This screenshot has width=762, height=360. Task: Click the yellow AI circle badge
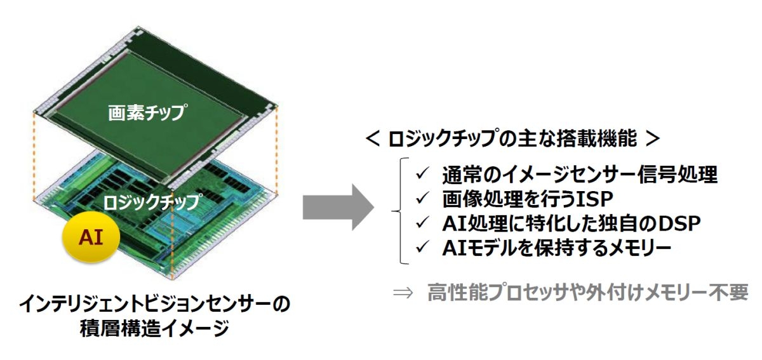coord(91,237)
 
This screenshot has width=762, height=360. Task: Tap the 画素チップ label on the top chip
coord(147,112)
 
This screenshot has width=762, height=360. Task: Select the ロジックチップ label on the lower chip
coord(152,202)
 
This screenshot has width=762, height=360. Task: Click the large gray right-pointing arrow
coord(338,207)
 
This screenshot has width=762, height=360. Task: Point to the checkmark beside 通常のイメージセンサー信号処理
coord(422,174)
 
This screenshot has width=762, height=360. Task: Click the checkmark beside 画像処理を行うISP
coord(422,198)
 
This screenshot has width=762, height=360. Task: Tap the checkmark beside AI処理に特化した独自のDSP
coord(422,223)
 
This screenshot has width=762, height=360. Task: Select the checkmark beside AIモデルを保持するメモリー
coord(422,248)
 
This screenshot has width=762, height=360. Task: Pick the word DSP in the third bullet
coord(679,223)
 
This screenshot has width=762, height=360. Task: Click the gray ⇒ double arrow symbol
coord(403,293)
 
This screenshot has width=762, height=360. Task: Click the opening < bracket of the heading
coord(373,139)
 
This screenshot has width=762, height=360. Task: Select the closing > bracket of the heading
coord(653,139)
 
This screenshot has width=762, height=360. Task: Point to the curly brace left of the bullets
coord(400,211)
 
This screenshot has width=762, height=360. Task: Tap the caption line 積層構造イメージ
coord(154,329)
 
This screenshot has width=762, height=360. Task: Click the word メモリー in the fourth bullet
coord(639,248)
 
